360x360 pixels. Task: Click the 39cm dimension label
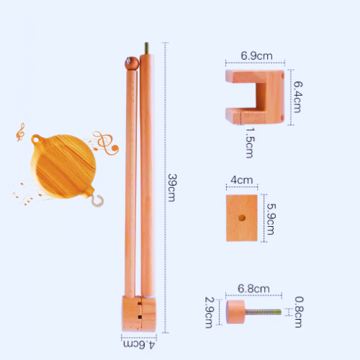pyautogui.click(x=172, y=188)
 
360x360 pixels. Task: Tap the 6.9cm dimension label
pyautogui.click(x=256, y=56)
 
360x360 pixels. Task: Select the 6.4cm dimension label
pyautogui.click(x=298, y=97)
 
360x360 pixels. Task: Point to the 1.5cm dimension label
pyautogui.click(x=250, y=143)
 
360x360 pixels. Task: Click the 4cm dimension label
pyautogui.click(x=242, y=180)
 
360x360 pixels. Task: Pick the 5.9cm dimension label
pyautogui.click(x=271, y=219)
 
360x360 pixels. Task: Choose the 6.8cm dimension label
pyautogui.click(x=253, y=289)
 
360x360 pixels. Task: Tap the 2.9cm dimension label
pyautogui.click(x=209, y=312)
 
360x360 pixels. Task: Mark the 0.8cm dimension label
pyautogui.click(x=299, y=312)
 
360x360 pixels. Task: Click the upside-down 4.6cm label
pyautogui.click(x=139, y=345)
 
